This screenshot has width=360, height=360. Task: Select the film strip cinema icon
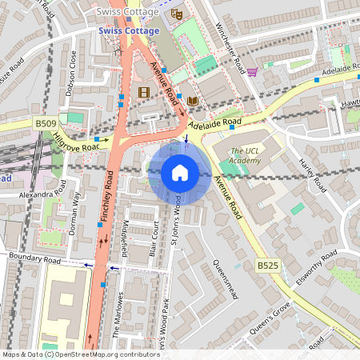click(x=144, y=93)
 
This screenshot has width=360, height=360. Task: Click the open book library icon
click(x=192, y=102)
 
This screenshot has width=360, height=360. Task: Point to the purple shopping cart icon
click(x=253, y=72)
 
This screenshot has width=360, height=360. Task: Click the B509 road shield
click(x=46, y=123)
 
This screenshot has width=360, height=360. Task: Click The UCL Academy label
click(x=246, y=156)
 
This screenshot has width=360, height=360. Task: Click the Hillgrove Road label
click(x=76, y=142)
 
